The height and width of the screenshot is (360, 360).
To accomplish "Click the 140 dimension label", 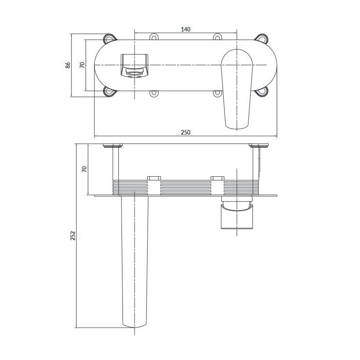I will pyautogui.click(x=186, y=29).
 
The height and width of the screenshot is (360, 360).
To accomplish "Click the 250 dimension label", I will pyautogui.click(x=186, y=132).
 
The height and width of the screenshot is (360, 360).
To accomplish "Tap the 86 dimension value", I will pyautogui.click(x=69, y=65).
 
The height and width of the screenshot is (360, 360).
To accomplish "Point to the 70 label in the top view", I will pyautogui.click(x=82, y=65).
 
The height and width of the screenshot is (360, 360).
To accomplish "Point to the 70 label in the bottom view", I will pyautogui.click(x=84, y=169).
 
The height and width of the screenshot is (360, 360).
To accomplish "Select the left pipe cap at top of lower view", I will pyautogui.click(x=113, y=145).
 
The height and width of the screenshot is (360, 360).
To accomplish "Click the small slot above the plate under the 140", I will pyautogui.click(x=154, y=36).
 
